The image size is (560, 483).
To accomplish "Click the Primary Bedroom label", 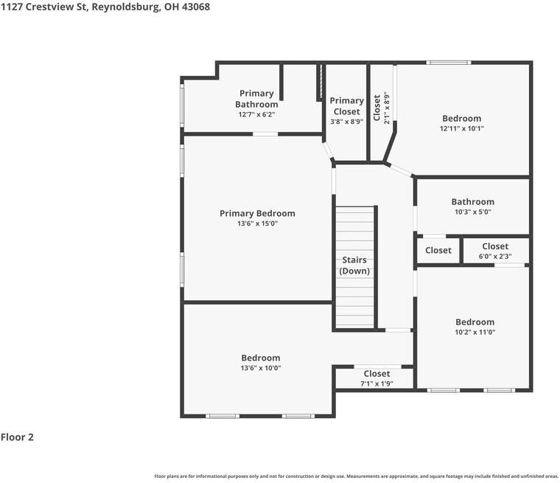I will [257, 213].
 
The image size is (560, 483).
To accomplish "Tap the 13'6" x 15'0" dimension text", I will [257, 223].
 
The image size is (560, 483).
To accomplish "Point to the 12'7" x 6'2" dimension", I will [256, 114].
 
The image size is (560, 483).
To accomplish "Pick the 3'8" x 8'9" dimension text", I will [346, 122].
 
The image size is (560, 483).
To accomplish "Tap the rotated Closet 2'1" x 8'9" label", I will [382, 108].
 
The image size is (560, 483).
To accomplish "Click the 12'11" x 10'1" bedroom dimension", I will [462, 128].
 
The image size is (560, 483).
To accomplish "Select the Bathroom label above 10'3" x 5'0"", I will [472, 201].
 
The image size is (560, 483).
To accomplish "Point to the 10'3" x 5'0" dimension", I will [472, 212].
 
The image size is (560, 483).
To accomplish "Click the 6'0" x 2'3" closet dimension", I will [495, 257].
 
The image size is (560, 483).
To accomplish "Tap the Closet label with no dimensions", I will [438, 250].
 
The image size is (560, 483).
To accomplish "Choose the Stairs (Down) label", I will [354, 265].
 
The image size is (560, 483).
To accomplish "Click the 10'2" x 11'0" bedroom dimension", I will [475, 333].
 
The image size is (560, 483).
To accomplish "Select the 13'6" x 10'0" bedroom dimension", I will [260, 368].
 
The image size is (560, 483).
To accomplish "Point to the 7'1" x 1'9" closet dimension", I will [377, 383].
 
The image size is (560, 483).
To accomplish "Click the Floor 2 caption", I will [17, 437].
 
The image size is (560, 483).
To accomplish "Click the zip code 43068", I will [196, 7].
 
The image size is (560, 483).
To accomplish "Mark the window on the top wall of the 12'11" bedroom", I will [449, 62].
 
